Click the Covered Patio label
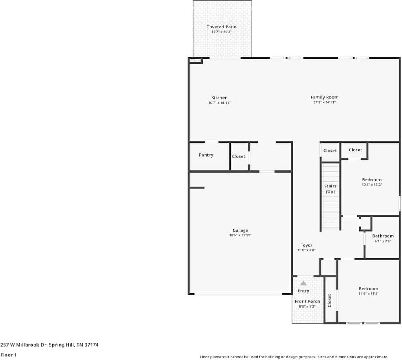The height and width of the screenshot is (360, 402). tap(221, 27)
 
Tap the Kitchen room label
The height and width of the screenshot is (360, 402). tap(219, 98)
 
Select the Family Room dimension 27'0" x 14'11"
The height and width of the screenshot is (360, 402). tap(324, 103)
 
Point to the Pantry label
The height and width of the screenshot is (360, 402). tap(206, 155)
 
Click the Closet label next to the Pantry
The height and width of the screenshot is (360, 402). tap(238, 156)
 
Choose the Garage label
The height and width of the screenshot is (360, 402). tap(240, 230)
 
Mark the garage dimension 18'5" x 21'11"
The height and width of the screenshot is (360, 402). tap(240, 236)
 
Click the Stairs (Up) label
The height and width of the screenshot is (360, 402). tap(330, 189)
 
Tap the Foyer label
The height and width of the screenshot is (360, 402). tap(306, 245)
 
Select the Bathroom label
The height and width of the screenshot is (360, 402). tap(383, 236)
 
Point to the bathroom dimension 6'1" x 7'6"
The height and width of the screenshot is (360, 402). tap(383, 241)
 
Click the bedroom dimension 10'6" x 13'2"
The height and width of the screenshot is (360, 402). tap(372, 185)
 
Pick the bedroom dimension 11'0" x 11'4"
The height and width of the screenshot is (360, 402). tap(368, 294)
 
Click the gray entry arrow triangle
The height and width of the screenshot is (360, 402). tap(303, 283)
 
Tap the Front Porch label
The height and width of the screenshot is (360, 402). tap(307, 301)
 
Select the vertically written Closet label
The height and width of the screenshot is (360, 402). tap(329, 300)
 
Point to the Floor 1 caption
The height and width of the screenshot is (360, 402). tap(9, 355)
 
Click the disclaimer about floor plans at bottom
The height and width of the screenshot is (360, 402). tap(294, 357)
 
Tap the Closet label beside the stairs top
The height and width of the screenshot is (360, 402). tap(330, 151)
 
